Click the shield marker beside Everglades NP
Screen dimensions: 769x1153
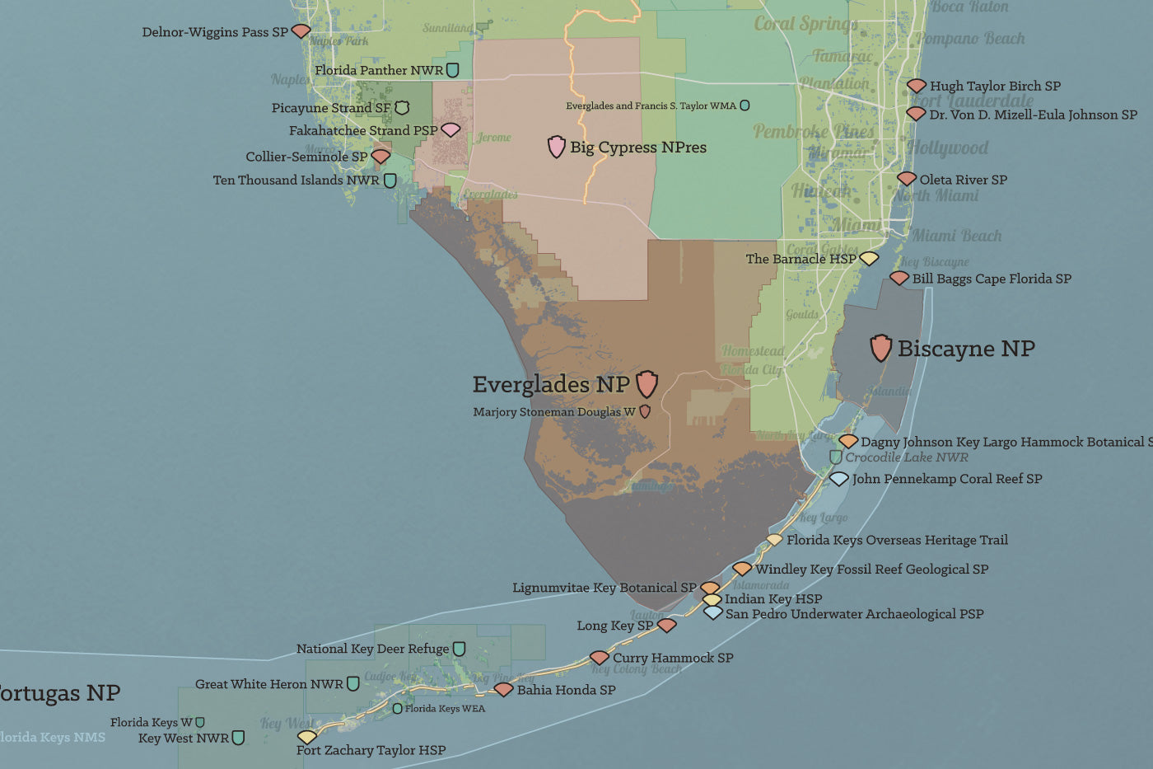coord(647,383)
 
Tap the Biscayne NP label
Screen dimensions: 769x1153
coord(966,349)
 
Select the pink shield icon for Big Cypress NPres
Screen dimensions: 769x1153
coord(557,147)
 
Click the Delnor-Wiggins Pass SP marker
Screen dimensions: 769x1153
coord(301,31)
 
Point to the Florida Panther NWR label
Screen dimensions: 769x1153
coord(379,71)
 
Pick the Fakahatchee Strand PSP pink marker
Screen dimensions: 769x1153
coord(450,129)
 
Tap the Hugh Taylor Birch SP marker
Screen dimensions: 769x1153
coord(917,86)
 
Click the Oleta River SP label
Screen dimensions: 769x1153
coord(963,180)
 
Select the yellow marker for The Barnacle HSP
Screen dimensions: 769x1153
coord(869,259)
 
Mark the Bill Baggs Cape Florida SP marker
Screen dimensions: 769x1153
coord(899,279)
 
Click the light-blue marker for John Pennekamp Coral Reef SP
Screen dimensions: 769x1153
coord(838,479)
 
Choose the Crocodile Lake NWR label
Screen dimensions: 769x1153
coord(907,457)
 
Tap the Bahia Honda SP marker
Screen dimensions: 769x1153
coord(503,690)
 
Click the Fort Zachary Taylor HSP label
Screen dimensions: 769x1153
coord(371,750)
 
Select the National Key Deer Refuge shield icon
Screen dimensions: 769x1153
coord(459,649)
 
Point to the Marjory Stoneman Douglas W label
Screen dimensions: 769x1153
coord(554,412)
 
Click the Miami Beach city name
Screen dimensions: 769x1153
coord(956,236)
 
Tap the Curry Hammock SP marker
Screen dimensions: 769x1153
coord(600,658)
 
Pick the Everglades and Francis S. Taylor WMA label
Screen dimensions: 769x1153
coord(651,106)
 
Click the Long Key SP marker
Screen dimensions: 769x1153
coord(666,626)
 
